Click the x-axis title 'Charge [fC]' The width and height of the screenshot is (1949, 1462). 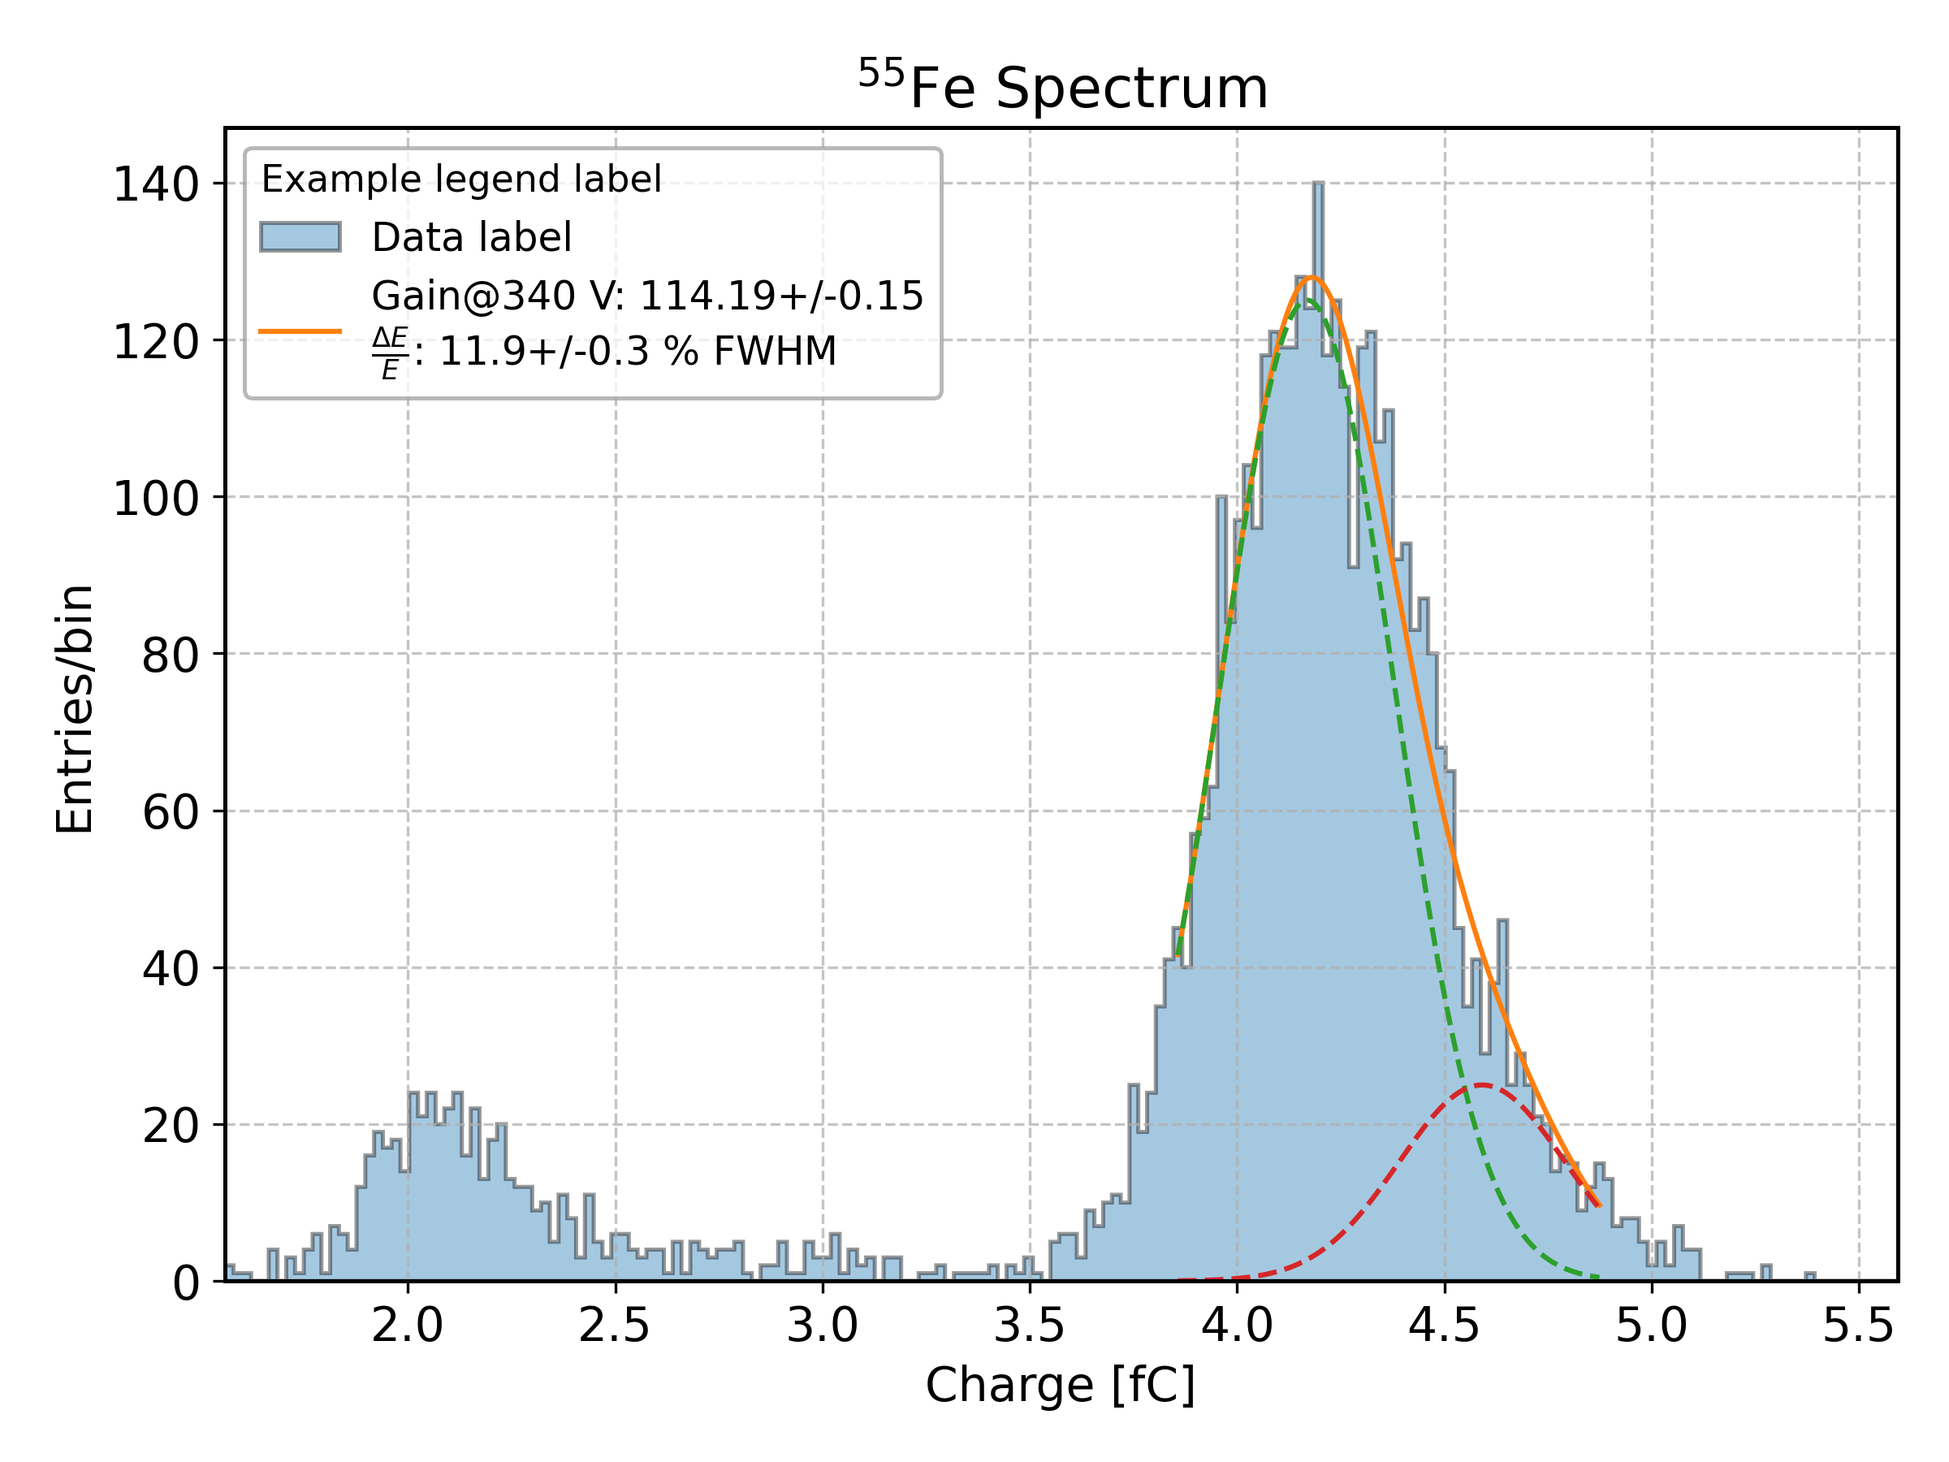click(x=1060, y=1385)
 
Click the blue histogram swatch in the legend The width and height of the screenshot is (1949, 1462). click(x=300, y=237)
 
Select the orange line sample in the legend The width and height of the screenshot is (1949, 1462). click(x=300, y=331)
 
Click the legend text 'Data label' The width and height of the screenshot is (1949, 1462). click(x=471, y=237)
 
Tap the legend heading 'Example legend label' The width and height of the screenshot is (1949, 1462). click(x=460, y=179)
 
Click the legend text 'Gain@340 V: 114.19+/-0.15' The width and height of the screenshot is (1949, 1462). click(x=647, y=296)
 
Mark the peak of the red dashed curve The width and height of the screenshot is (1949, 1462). click(x=1483, y=1085)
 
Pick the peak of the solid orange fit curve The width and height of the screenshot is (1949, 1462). click(x=1312, y=278)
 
